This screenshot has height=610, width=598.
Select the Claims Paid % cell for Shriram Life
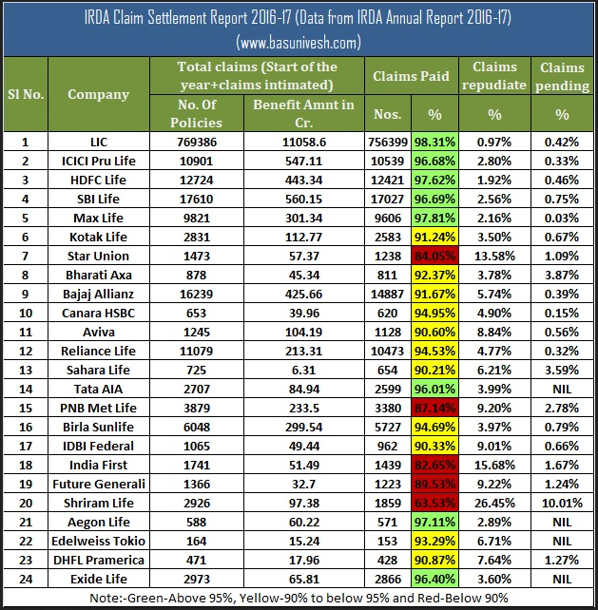(x=433, y=503)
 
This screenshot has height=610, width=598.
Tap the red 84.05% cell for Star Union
(x=433, y=256)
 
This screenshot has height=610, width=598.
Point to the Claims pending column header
(x=563, y=76)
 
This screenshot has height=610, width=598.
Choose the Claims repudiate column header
(x=493, y=76)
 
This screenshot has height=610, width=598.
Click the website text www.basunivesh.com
(x=299, y=42)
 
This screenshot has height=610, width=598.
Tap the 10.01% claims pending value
(x=563, y=503)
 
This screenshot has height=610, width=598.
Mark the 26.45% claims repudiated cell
(x=493, y=503)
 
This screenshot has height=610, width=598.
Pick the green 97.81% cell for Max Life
(x=433, y=218)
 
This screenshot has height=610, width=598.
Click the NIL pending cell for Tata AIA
(x=563, y=389)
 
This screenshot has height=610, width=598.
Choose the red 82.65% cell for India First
(x=433, y=465)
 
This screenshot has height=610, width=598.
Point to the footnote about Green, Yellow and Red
(x=299, y=599)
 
